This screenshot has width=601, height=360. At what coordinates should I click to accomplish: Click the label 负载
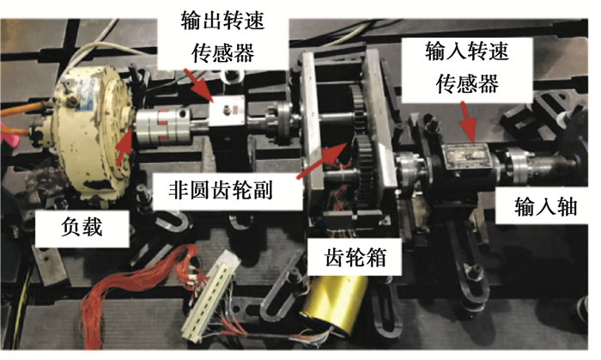82,227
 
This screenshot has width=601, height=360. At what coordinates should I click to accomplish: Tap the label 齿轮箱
355,256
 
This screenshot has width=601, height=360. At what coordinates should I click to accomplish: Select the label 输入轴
546,207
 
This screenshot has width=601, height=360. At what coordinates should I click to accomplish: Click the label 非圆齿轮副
221,190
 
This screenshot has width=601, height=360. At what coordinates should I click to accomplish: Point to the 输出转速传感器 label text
222,36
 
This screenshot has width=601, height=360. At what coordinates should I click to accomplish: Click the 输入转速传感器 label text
467,67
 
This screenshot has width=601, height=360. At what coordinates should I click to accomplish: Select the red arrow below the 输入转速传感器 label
468,122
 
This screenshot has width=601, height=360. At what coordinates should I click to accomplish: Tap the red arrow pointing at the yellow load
124,145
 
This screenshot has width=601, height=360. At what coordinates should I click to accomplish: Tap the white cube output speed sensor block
227,111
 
